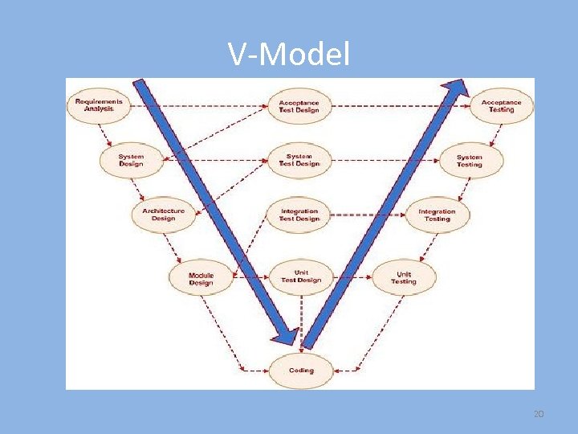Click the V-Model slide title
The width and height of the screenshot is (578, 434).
[x=289, y=55]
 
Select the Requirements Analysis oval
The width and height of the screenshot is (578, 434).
[x=99, y=105]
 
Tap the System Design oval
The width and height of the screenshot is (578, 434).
[x=131, y=160]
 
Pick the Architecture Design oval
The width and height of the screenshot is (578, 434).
[x=163, y=215]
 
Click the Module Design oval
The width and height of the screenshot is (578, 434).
[x=201, y=279]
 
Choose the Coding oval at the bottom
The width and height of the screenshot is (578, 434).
[x=301, y=371]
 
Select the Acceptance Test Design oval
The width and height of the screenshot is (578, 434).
[x=299, y=106]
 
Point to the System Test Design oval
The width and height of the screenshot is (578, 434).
[x=299, y=160]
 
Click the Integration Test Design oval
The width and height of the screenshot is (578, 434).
[x=299, y=215]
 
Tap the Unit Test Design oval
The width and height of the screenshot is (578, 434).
[x=300, y=276]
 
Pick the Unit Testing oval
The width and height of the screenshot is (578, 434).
[x=404, y=277]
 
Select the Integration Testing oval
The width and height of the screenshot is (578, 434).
[x=437, y=215]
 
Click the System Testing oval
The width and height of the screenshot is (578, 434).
[x=470, y=161]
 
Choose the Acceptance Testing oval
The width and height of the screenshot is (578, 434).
[x=501, y=106]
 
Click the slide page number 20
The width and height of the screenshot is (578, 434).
[x=539, y=413]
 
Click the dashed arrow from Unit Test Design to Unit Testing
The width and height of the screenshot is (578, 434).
[x=352, y=277]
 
